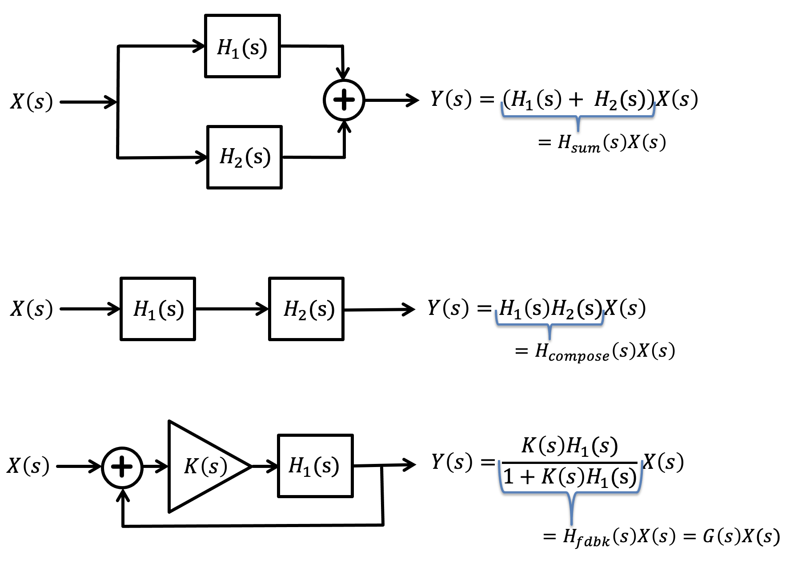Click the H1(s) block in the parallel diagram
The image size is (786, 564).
[242, 46]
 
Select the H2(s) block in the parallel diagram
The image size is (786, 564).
[245, 157]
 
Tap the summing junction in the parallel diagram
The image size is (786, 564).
[344, 100]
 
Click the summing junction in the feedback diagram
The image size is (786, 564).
[122, 467]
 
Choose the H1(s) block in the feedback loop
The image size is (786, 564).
[315, 466]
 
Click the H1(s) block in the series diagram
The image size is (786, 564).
[158, 309]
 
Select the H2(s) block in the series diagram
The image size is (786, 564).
[306, 309]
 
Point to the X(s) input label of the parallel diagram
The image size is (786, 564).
[32, 101]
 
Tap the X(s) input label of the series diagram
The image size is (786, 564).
[32, 309]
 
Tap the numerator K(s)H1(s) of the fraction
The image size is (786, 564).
[570, 446]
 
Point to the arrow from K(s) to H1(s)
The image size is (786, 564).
[265, 466]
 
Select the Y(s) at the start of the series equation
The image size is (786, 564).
[448, 308]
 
